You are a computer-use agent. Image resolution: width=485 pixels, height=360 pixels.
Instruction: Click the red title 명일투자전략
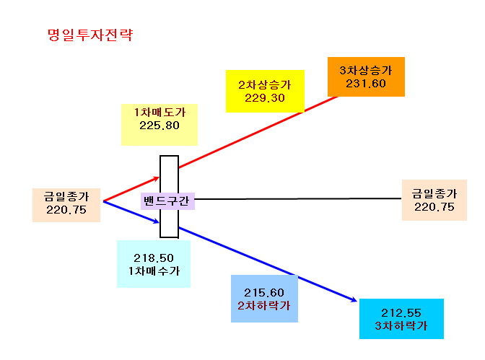[x=90, y=35]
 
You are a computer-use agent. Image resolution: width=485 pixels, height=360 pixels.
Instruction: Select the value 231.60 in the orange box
[x=366, y=84]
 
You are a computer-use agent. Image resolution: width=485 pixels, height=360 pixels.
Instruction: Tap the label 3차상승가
[x=366, y=70]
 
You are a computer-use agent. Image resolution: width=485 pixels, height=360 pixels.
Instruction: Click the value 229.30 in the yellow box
[x=265, y=98]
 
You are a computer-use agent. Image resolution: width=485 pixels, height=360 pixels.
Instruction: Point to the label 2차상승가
[x=265, y=84]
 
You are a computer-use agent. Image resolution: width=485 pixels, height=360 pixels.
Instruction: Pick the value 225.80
[x=160, y=126]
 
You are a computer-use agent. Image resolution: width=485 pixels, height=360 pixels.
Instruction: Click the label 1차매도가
[x=160, y=112]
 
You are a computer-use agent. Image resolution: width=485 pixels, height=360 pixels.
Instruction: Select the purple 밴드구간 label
[x=167, y=201]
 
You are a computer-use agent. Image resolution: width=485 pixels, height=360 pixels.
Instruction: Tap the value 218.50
[x=154, y=258]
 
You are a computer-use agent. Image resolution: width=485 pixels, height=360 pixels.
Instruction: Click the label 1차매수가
[x=154, y=271]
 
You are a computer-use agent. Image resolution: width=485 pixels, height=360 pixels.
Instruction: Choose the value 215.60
[x=264, y=293]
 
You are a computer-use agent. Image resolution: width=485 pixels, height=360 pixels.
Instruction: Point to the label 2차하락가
[x=264, y=306]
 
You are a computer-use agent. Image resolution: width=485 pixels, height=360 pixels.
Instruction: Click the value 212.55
[x=401, y=313]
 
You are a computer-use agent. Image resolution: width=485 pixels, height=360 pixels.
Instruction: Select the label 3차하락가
[x=401, y=325]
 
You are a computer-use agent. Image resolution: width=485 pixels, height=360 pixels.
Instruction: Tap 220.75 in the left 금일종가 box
[x=66, y=210]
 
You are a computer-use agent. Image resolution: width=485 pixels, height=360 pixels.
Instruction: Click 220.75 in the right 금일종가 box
[x=434, y=207]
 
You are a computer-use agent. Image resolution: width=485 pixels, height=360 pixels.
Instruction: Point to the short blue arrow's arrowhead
[x=157, y=221]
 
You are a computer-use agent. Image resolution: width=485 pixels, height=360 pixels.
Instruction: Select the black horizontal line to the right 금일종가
[x=298, y=199]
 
